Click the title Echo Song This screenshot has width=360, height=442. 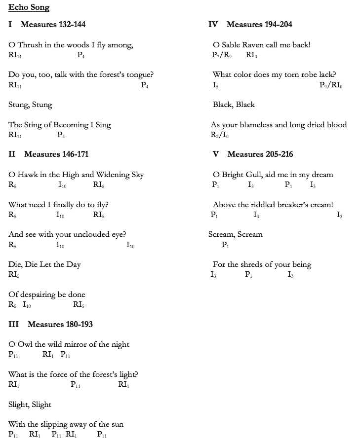pos(29,7)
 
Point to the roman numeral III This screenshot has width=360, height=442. pos(14,324)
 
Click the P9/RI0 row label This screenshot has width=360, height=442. pos(331,85)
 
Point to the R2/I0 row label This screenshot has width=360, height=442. pos(219,135)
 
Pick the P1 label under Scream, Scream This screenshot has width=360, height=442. pos(225,245)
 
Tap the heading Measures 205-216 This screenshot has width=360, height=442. pos(260,154)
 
